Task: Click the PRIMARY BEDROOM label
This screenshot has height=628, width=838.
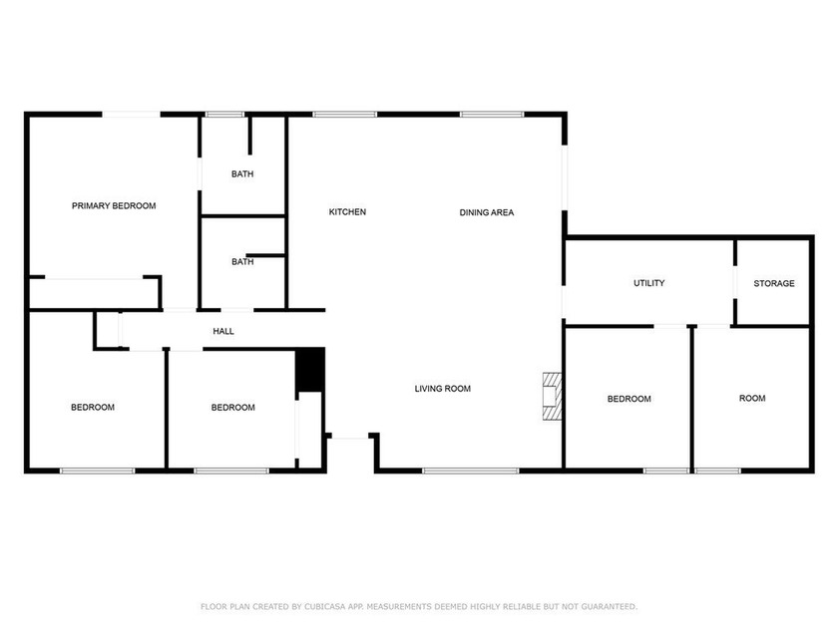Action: point(114,206)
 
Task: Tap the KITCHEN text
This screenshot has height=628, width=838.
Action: point(347,212)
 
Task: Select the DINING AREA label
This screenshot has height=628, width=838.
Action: point(486,212)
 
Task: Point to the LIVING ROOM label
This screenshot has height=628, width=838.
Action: point(442,389)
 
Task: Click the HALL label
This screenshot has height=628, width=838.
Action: point(223,331)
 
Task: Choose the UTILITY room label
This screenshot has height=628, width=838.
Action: point(648,283)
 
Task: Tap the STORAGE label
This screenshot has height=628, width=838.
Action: point(773,283)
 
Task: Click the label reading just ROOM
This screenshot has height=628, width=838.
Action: point(751,399)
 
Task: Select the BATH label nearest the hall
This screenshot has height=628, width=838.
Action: point(242,262)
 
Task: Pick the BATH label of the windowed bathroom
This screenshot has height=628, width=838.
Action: point(242,174)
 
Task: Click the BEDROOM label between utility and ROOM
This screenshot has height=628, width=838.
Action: point(628,399)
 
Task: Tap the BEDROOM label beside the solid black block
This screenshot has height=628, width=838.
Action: point(232,408)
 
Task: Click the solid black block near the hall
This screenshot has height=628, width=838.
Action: point(310,370)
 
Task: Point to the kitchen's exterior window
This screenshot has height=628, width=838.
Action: point(344,115)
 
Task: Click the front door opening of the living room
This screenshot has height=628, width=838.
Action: point(349,437)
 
